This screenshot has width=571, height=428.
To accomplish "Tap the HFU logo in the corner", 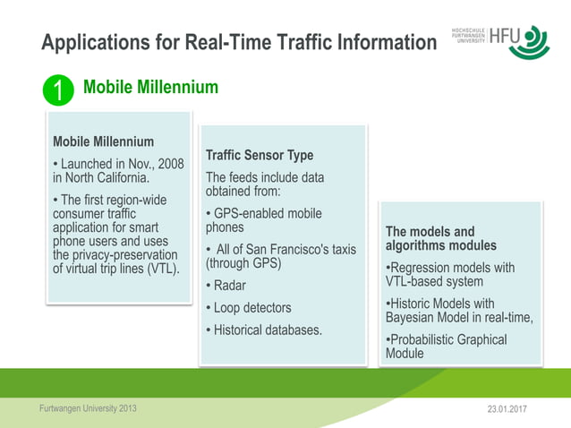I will [502, 42].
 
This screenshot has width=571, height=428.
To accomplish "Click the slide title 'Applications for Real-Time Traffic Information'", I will [239, 42].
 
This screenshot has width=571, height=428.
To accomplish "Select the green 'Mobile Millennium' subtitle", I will [150, 87].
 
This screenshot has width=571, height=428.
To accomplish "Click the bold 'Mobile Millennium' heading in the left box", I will [103, 141].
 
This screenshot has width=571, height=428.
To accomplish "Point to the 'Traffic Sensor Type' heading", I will [260, 155].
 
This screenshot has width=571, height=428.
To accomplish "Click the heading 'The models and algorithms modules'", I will [440, 238].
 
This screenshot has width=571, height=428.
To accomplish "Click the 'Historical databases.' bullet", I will [264, 330].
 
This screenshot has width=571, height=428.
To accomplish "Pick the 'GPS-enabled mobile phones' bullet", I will [263, 220].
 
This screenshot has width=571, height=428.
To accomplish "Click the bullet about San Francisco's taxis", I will [280, 256].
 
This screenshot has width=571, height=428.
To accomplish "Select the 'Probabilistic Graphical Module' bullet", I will [446, 347].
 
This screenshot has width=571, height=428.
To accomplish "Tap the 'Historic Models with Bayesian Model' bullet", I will [458, 311].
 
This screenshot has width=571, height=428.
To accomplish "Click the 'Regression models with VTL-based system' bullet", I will [449, 274].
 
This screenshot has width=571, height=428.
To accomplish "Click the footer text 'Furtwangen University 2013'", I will [89, 409].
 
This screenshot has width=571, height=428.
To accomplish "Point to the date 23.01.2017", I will [507, 410].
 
